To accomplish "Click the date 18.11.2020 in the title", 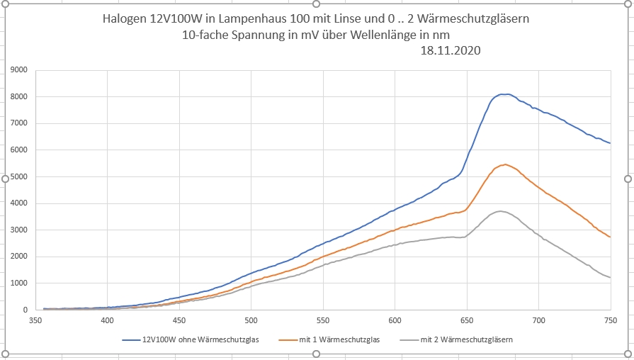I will tap(451, 50).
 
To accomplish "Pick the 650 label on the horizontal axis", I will tap(466, 321).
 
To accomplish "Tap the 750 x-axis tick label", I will tap(610, 321).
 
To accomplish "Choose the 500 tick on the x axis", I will tap(251, 321).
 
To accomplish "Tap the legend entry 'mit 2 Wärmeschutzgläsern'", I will tap(466, 340).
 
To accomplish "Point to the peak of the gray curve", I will tap(500, 211).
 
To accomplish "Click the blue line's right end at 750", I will tap(610, 143).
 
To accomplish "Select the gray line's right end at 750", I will tap(610, 277).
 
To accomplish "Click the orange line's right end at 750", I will tap(610, 237).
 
